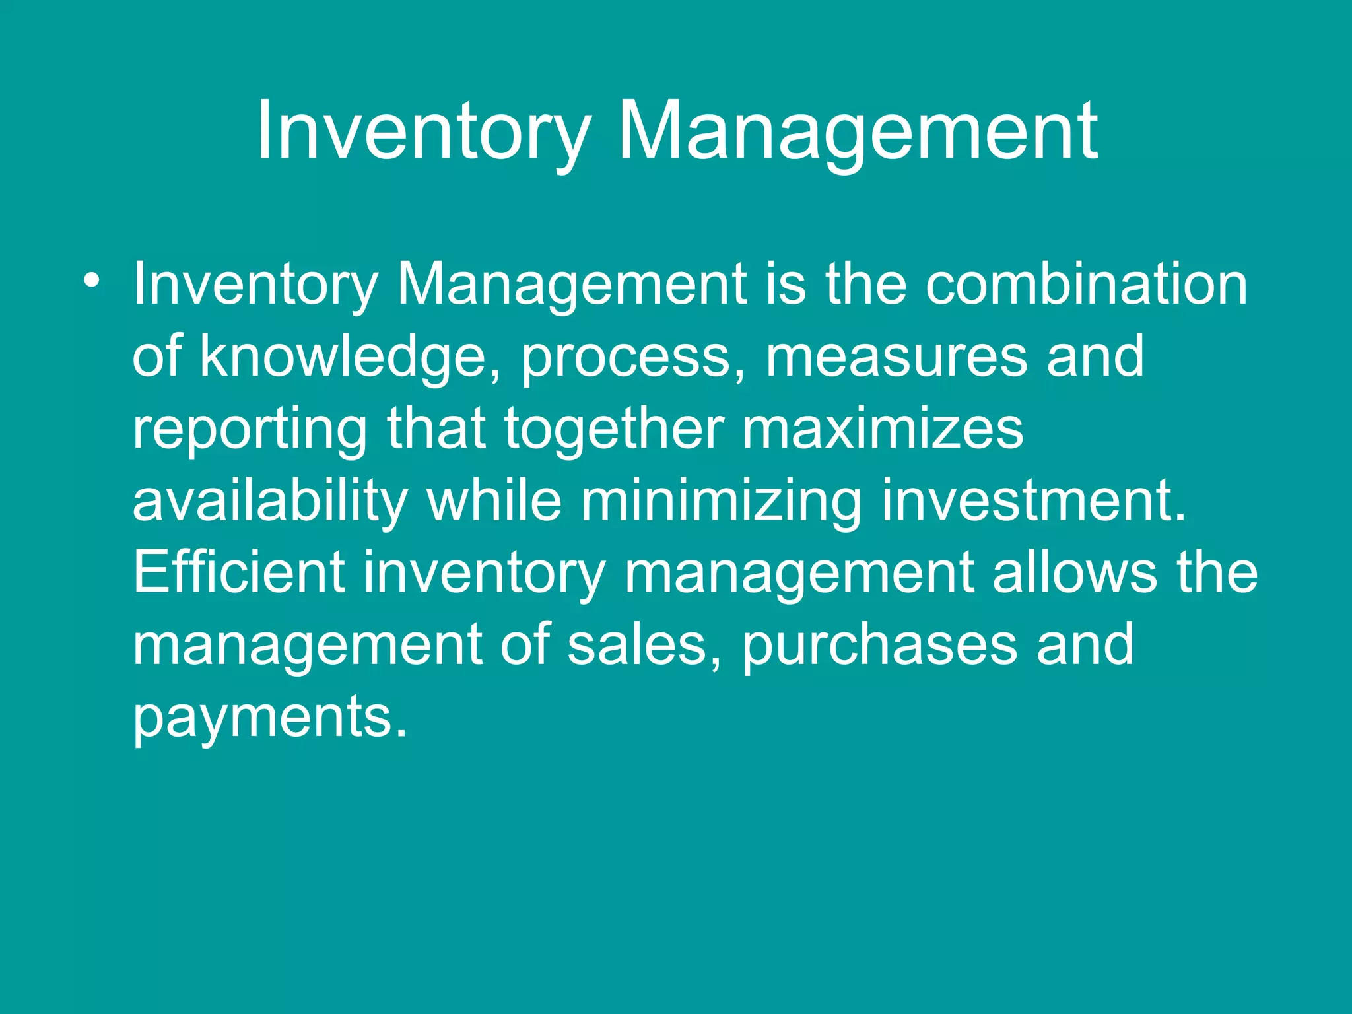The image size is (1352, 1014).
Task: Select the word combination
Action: pyautogui.click(x=1086, y=285)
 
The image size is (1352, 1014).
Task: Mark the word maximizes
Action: pyautogui.click(x=883, y=429)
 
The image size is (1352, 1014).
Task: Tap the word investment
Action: pyautogui.click(x=1033, y=500)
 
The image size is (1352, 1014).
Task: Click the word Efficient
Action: pyautogui.click(x=239, y=572)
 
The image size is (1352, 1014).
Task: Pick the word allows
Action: pyautogui.click(x=1075, y=572)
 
